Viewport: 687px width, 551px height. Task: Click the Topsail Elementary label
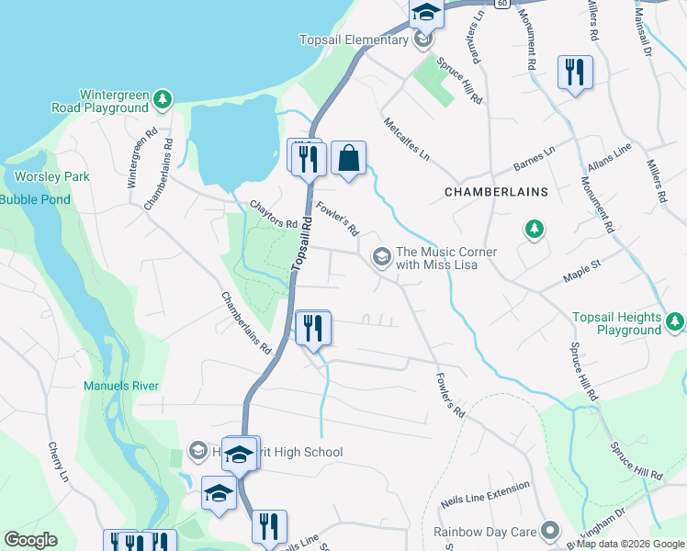click(353, 39)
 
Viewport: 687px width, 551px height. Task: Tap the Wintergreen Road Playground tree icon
click(163, 98)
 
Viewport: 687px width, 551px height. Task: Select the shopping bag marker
click(349, 159)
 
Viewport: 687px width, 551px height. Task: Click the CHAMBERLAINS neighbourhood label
click(496, 192)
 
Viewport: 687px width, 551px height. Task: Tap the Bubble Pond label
click(35, 199)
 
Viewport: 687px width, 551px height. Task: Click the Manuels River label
click(121, 387)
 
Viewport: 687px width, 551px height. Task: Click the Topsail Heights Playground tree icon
click(675, 320)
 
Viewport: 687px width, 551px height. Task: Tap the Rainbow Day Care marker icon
click(550, 531)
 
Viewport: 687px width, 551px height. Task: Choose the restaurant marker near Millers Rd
click(575, 73)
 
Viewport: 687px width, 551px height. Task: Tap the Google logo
click(30, 540)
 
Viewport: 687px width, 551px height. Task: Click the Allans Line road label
click(609, 157)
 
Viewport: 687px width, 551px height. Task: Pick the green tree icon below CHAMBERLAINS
click(534, 229)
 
